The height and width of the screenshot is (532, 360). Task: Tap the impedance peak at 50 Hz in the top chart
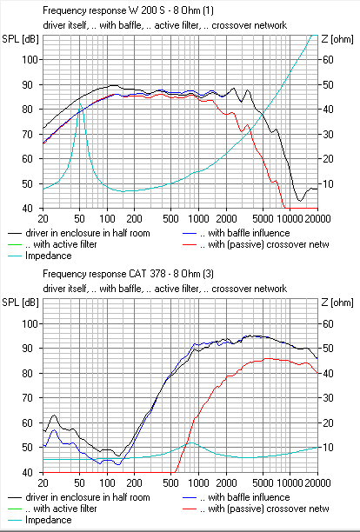pyautogui.click(x=80, y=103)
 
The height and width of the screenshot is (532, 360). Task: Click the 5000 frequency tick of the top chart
pyautogui.click(x=263, y=219)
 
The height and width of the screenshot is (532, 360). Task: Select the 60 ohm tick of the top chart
pyautogui.click(x=328, y=60)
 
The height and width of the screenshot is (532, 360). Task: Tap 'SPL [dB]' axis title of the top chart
pyautogui.click(x=20, y=39)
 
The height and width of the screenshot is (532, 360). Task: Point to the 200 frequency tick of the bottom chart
pyautogui.click(x=134, y=482)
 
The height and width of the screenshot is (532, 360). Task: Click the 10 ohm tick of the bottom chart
pyautogui.click(x=328, y=448)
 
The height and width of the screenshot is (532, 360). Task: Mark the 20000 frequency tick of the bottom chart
pyautogui.click(x=317, y=482)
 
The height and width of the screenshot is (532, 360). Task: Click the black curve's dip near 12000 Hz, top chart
pyautogui.click(x=300, y=201)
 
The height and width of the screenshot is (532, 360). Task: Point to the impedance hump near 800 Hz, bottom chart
pyautogui.click(x=190, y=442)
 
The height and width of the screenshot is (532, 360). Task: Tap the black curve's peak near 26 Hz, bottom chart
pyautogui.click(x=54, y=415)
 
